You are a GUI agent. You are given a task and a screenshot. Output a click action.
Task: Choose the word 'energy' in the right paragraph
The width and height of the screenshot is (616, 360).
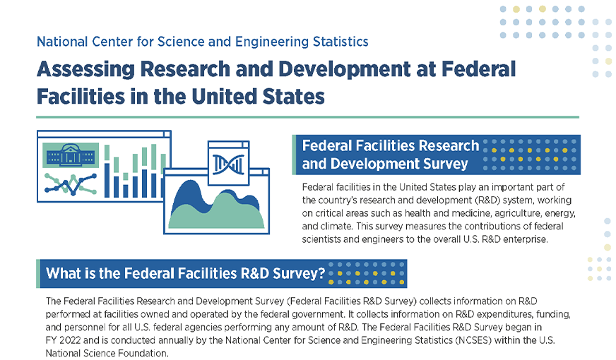(563, 213)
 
